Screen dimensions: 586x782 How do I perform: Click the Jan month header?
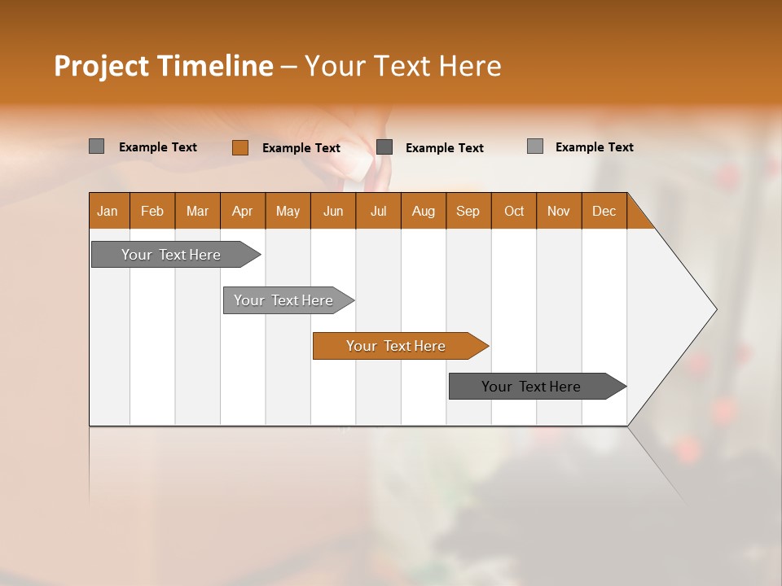108,211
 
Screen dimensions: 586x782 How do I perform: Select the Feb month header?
152,211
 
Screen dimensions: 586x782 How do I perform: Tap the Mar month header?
197,211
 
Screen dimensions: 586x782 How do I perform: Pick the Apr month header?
243,211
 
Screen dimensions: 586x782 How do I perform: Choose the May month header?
288,211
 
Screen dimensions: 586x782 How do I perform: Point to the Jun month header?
333,211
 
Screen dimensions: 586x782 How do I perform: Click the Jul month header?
378,211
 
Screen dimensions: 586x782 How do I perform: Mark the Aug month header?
424,211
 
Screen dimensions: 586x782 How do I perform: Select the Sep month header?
468,211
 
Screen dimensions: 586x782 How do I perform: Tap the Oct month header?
514,211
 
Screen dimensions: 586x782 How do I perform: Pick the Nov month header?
559,211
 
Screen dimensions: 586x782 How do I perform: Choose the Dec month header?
604,211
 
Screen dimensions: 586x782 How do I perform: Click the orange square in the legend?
240,147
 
